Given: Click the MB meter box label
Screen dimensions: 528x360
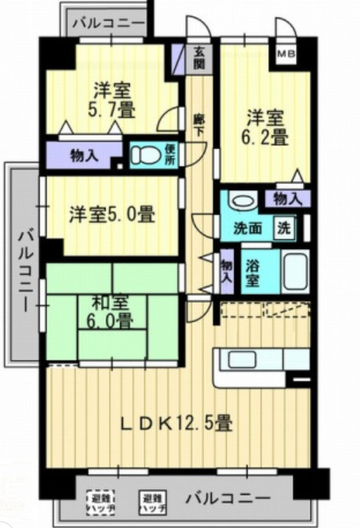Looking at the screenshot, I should [x=286, y=54].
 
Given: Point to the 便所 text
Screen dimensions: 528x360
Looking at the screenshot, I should [x=170, y=155].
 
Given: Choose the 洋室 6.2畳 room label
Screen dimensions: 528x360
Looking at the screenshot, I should [x=265, y=128].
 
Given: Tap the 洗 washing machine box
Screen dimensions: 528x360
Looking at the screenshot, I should [x=283, y=228].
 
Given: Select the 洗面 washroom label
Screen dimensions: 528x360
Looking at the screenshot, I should [x=248, y=228].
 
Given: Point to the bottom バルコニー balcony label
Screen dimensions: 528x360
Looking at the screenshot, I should [x=227, y=499].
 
